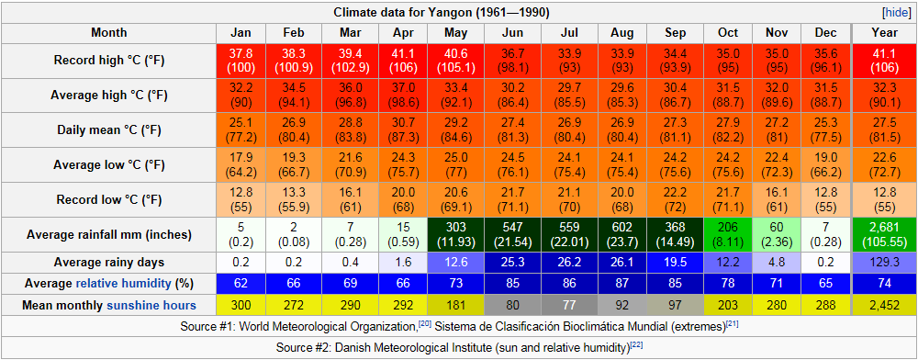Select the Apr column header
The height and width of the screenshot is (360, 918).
coord(404,33)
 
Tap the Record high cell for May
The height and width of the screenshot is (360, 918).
coord(455,61)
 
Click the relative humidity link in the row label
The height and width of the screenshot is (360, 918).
coord(124,284)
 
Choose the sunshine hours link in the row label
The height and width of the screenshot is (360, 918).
coord(151,306)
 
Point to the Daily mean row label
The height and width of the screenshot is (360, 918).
coord(108,130)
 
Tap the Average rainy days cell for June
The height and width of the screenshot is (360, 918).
coord(512,262)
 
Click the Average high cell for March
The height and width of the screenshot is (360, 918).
coord(353,96)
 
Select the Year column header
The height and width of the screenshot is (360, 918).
coord(884,33)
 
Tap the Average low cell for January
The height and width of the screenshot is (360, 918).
coord(241,165)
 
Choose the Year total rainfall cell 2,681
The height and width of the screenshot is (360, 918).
coord(884,235)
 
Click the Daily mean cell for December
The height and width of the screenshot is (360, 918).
coord(825,130)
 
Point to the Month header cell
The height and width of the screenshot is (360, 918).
coord(108,33)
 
